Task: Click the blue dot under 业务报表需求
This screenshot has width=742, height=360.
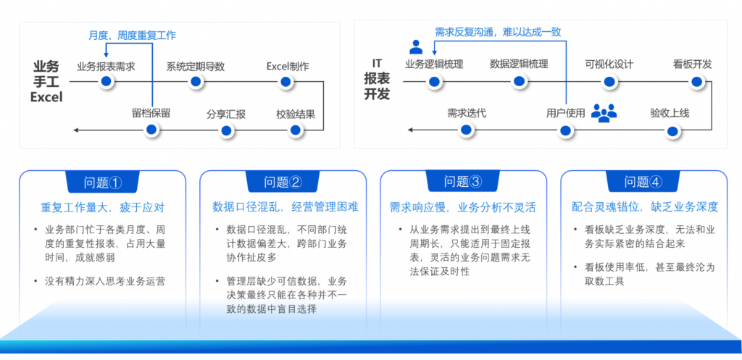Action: [x=107, y=81]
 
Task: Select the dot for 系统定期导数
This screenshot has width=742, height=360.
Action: [x=195, y=81]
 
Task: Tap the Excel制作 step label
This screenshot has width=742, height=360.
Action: [x=288, y=67]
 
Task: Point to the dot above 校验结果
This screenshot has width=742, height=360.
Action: [x=295, y=130]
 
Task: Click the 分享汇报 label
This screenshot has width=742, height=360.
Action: [x=226, y=114]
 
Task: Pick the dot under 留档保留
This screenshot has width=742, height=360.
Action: [x=151, y=130]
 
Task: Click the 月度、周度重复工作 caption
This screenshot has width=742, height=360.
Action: [x=132, y=35]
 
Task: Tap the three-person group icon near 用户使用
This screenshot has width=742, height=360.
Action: [x=604, y=112]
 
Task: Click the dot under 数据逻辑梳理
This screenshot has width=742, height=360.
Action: [x=519, y=81]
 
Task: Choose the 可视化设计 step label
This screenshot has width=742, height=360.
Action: [x=609, y=64]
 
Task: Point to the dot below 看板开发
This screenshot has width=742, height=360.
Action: [x=696, y=81]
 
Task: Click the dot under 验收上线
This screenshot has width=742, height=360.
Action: [x=673, y=130]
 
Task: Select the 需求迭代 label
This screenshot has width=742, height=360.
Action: [x=466, y=113]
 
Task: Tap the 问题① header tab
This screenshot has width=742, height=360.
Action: [x=102, y=182]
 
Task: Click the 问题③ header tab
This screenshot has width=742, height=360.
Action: [x=464, y=182]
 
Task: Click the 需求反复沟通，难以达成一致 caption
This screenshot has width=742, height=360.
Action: [x=498, y=32]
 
